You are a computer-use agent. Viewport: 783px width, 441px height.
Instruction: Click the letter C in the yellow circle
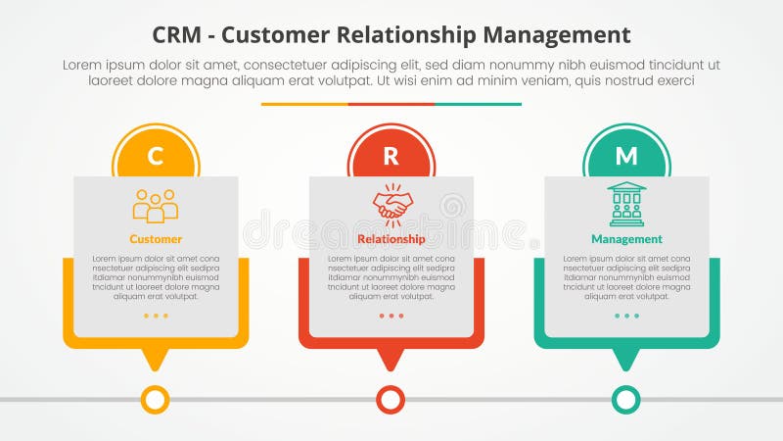[156, 156]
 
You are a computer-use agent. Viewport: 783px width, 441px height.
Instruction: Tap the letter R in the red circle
[391, 156]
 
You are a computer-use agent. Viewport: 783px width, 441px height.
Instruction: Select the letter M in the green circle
[626, 156]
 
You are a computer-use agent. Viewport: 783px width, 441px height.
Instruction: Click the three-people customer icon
[156, 205]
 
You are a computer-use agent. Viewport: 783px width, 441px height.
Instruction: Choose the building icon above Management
[626, 204]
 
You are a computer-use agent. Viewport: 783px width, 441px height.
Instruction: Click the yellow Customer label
[156, 239]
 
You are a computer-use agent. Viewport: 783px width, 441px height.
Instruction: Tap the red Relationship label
[391, 239]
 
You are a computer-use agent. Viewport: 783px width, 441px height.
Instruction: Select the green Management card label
[626, 239]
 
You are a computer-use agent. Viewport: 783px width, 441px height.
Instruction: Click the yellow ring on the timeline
[156, 399]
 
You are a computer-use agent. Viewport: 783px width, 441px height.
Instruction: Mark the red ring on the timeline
[391, 399]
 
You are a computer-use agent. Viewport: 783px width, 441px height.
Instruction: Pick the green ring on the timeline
[626, 399]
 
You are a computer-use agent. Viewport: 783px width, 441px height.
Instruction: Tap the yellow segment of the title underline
[304, 104]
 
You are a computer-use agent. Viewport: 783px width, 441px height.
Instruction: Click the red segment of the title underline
[391, 104]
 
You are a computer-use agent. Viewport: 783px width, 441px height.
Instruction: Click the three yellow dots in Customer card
[156, 316]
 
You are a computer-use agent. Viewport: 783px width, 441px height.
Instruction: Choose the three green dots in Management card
[626, 316]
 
